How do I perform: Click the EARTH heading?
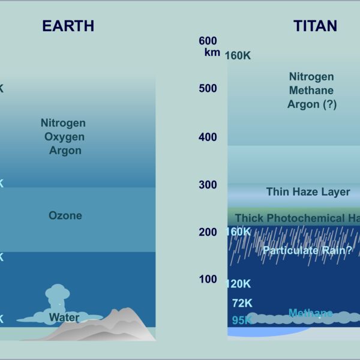point(68,26)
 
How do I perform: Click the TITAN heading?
point(314,26)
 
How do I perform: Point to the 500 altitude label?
point(207,89)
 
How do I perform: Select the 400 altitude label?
point(207,137)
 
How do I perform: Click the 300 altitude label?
point(207,185)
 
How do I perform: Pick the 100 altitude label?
point(207,279)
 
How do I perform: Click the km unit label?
point(212,53)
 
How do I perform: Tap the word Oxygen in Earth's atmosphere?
point(64,136)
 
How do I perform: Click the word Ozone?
point(65,215)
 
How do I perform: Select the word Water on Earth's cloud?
point(64,317)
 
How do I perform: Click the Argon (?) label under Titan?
point(311,104)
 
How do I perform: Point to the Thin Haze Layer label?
point(308,192)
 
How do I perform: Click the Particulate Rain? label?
point(307,250)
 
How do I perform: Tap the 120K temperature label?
point(238,284)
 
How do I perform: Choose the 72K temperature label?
point(242,304)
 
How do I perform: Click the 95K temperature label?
point(242,320)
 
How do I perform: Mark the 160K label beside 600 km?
point(238,56)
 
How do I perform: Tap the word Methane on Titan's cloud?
point(310,313)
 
